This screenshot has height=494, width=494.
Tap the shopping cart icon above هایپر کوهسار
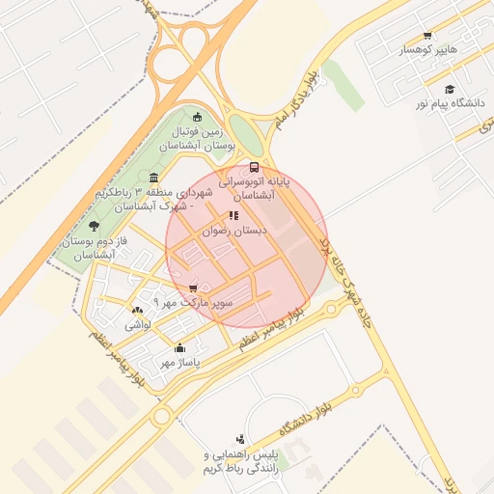(x=426, y=35)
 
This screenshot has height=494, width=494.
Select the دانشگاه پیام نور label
(x=448, y=102)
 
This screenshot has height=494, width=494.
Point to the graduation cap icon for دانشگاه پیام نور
(x=450, y=89)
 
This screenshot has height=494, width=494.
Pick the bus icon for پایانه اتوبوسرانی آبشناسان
(x=254, y=166)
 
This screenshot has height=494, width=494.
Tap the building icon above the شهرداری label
(x=155, y=177)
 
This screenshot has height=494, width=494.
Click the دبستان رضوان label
(x=238, y=232)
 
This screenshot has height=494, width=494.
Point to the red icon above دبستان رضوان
(x=233, y=216)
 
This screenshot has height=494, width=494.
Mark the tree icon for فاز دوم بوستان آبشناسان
(x=94, y=226)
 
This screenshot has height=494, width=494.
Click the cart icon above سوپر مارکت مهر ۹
(x=194, y=288)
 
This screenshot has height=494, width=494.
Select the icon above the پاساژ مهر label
(x=178, y=348)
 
